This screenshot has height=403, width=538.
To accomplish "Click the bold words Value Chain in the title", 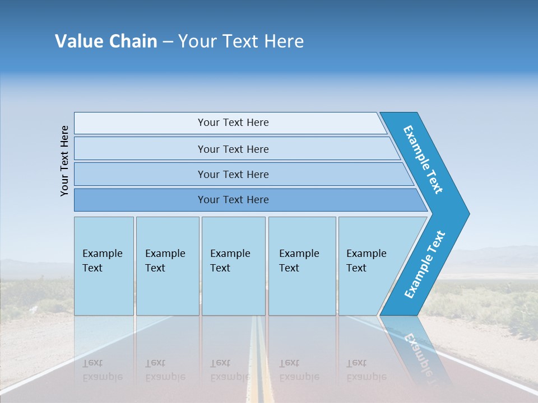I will coord(106,41).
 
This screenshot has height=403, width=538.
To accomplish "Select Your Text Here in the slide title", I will coord(241,41).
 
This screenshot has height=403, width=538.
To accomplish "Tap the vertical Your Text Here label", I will coord(64,161).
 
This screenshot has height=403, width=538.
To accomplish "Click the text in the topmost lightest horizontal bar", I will coord(233,123).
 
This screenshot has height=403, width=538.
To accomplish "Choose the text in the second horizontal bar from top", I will coord(233,149).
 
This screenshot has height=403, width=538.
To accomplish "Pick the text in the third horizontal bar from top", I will coord(233,175).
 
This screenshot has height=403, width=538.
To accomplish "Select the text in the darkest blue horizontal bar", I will coord(233,200).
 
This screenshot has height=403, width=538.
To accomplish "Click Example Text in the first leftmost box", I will coord(102,261).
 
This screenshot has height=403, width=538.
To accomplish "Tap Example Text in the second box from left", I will coord(165,261).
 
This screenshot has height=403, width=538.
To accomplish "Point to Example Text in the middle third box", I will coord(230,261).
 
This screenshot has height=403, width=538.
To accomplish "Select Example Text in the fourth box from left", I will coord(299,261).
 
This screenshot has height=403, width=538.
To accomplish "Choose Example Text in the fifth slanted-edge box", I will coord(366,261).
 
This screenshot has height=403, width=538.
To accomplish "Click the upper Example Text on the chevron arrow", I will coord(423,160).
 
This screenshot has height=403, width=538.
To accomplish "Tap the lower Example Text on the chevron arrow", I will coord(424,265).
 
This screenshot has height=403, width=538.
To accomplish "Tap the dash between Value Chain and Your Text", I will coord(168,42).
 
